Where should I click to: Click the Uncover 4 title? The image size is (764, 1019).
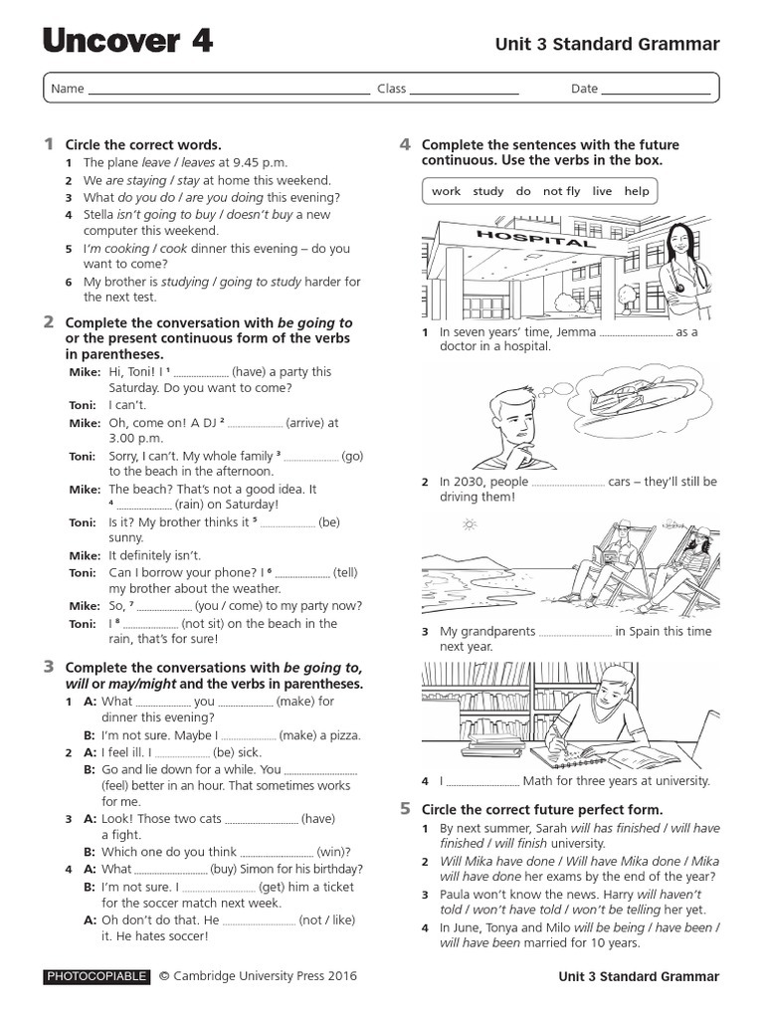pyautogui.click(x=126, y=41)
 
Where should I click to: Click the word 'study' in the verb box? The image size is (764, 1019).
pyautogui.click(x=487, y=191)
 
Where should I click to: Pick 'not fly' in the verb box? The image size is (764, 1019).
pyautogui.click(x=561, y=191)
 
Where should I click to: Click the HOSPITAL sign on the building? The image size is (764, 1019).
pyautogui.click(x=521, y=239)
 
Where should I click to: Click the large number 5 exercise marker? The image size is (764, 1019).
pyautogui.click(x=406, y=808)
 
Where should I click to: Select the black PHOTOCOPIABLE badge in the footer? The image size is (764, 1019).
pyautogui.click(x=96, y=976)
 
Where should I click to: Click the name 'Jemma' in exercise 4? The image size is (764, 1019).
pyautogui.click(x=575, y=332)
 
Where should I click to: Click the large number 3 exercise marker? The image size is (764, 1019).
pyautogui.click(x=49, y=667)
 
